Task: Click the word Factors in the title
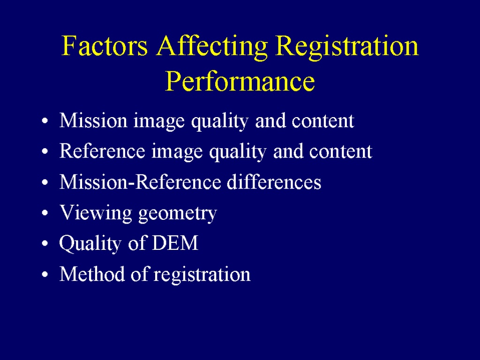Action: pyautogui.click(x=105, y=45)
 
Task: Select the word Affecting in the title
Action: pyautogui.click(x=212, y=47)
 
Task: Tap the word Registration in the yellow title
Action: pyautogui.click(x=347, y=47)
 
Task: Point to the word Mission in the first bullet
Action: pyautogui.click(x=93, y=120)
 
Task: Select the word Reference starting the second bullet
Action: pyautogui.click(x=102, y=151)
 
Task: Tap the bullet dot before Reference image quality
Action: pyautogui.click(x=45, y=151)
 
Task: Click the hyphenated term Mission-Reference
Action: pyautogui.click(x=140, y=182)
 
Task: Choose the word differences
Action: pyautogui.click(x=274, y=182)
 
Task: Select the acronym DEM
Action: pyautogui.click(x=175, y=243)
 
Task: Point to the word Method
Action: pyautogui.click(x=92, y=274)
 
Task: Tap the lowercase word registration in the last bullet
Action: pyautogui.click(x=202, y=275)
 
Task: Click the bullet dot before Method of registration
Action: pyautogui.click(x=45, y=274)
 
